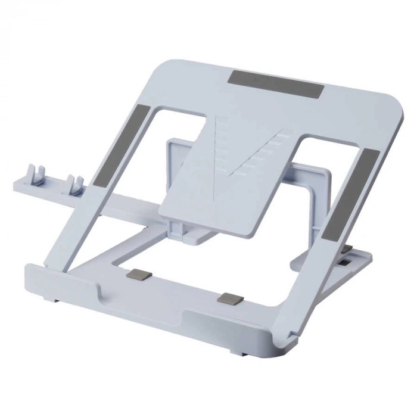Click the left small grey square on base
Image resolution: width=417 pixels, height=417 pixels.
[139, 276]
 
